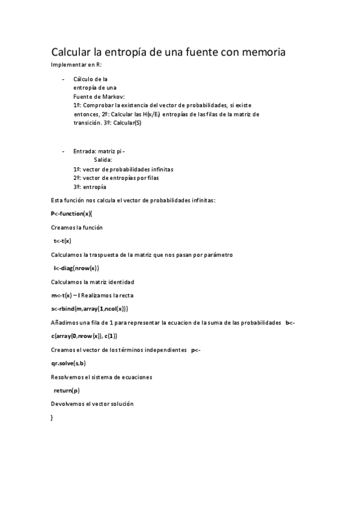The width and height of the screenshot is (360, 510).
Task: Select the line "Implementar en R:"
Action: (76, 64)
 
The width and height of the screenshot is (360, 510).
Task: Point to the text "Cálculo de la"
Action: (90, 79)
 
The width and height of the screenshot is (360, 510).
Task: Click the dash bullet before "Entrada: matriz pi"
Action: (63, 151)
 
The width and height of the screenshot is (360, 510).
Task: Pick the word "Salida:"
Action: (103, 160)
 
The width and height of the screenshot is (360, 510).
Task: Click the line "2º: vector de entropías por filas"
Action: (116, 178)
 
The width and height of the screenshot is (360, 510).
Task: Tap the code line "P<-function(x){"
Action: (72, 214)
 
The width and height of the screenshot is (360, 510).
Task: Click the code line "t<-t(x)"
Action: (63, 241)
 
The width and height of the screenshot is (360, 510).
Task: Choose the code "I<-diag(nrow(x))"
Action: (76, 268)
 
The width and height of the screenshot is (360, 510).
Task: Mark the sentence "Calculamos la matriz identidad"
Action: (93, 282)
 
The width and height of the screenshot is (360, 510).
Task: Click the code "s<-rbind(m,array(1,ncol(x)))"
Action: (90, 309)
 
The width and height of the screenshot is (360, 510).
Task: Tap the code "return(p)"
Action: (67, 390)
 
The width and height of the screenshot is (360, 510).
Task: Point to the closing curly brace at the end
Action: (52, 417)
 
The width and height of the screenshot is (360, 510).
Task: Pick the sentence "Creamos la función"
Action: (77, 228)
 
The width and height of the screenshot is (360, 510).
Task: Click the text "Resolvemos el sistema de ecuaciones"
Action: (102, 377)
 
